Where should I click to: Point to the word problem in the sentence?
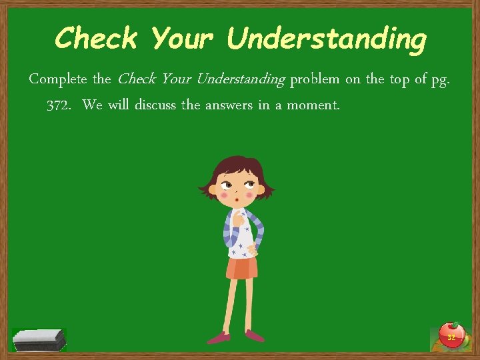coord(315,79)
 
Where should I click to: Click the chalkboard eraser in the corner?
coord(39,339)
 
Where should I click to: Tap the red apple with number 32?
coord(451,335)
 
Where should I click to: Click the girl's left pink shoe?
coord(219,338)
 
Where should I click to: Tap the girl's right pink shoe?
coord(255,335)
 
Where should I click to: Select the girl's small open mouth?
coord(237,197)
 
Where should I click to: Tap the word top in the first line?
coord(399,80)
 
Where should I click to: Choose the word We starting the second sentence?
coord(93,105)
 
